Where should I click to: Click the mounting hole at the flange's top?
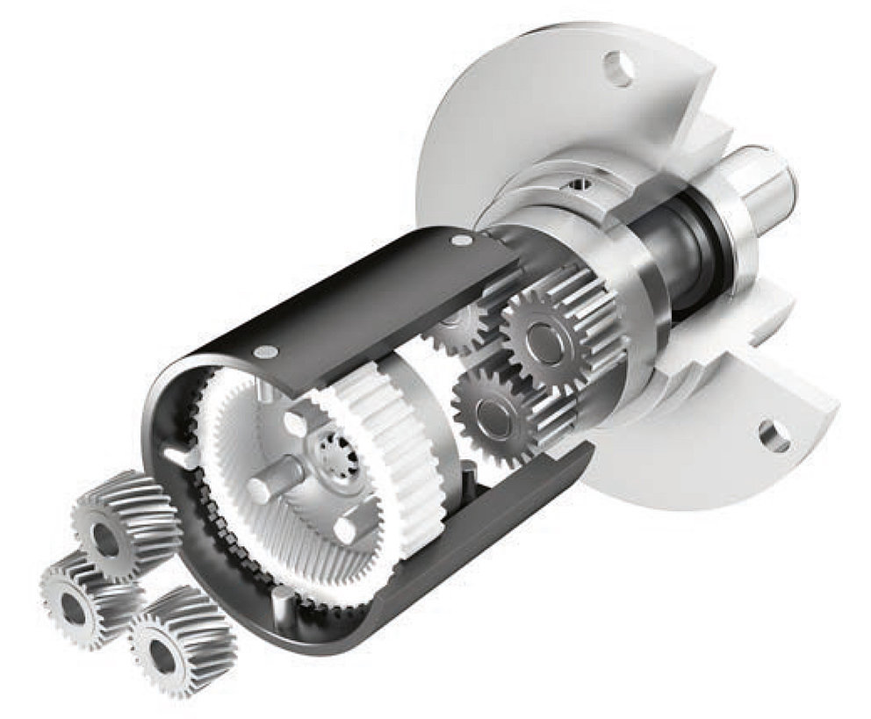(618, 68)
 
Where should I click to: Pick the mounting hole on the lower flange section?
(774, 435)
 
